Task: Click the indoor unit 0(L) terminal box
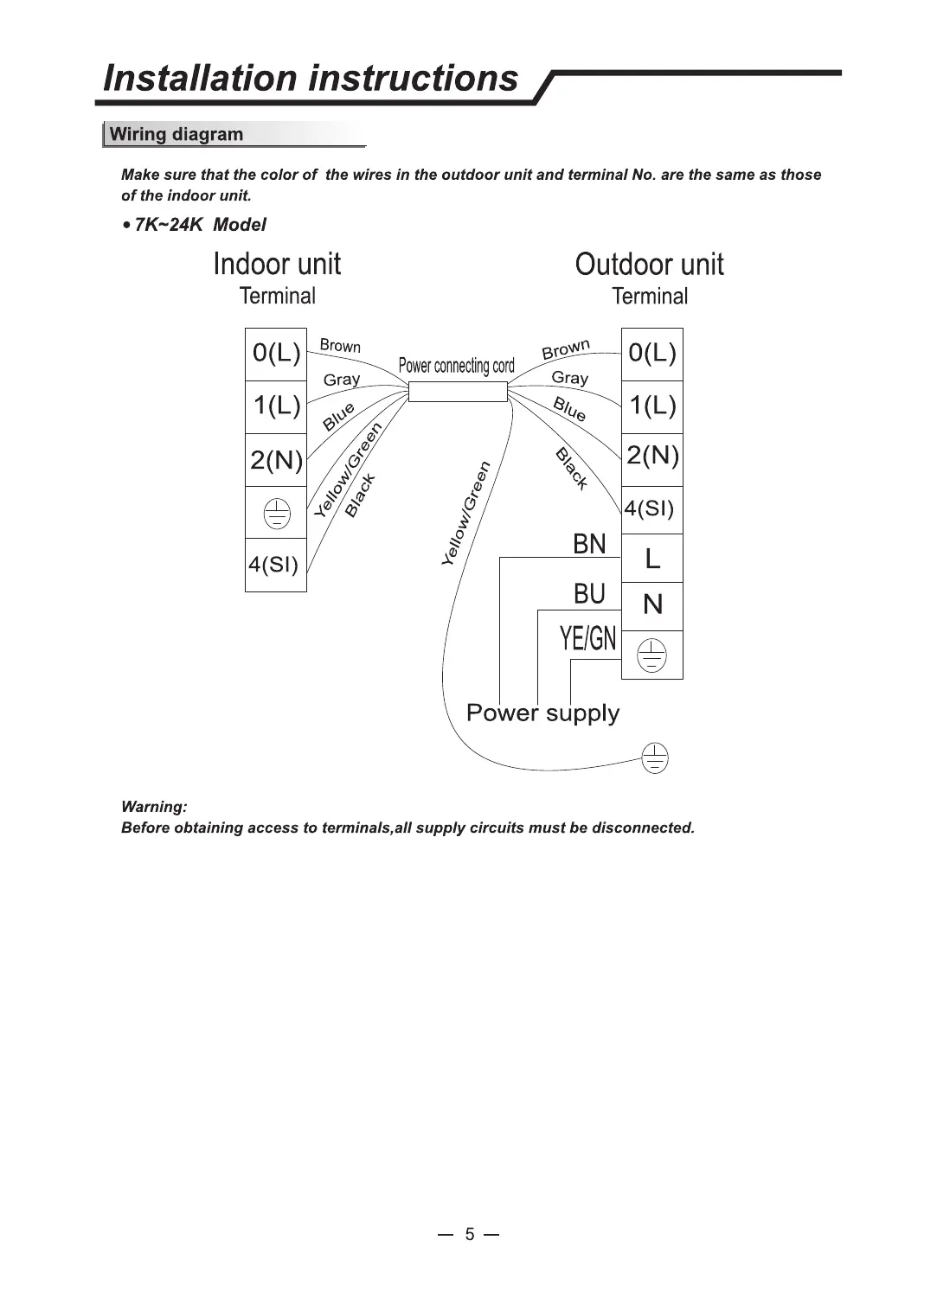tap(276, 354)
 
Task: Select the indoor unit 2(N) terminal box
tap(276, 459)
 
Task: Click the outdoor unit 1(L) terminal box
tap(652, 406)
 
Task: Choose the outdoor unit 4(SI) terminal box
tap(650, 508)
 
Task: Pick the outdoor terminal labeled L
tap(652, 559)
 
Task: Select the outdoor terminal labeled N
tap(652, 604)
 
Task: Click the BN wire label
tap(589, 544)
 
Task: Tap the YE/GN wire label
tap(587, 638)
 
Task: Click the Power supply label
tap(542, 713)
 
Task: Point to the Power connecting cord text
tap(456, 366)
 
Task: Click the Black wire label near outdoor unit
tap(572, 469)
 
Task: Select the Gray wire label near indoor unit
tap(342, 380)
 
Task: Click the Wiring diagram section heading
tap(176, 134)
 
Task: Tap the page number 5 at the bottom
tap(469, 1234)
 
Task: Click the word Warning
tap(154, 807)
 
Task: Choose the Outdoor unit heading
tap(649, 265)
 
